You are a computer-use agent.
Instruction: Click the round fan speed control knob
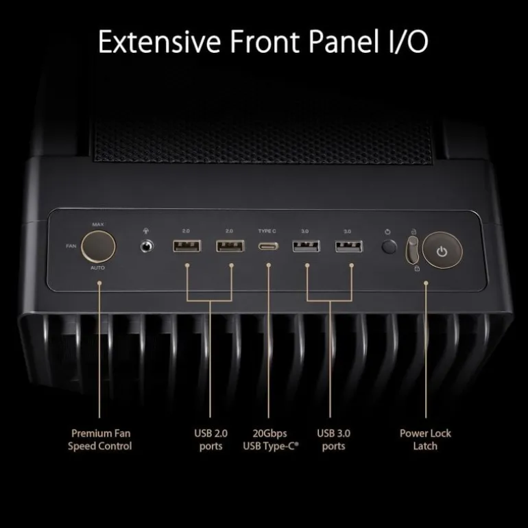pyautogui.click(x=98, y=246)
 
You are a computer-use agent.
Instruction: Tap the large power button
pyautogui.click(x=442, y=250)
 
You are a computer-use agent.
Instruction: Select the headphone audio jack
pyautogui.click(x=146, y=246)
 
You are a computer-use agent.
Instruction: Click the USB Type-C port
pyautogui.click(x=268, y=246)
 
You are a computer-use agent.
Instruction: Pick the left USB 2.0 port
pyautogui.click(x=187, y=246)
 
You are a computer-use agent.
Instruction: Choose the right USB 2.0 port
pyautogui.click(x=230, y=246)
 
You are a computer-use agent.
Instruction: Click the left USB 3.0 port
pyautogui.click(x=306, y=246)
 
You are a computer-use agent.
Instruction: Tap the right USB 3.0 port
pyautogui.click(x=349, y=246)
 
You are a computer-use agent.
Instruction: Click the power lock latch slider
pyautogui.click(x=412, y=250)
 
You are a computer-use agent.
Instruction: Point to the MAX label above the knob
pyautogui.click(x=98, y=224)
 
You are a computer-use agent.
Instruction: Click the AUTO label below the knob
pyautogui.click(x=97, y=267)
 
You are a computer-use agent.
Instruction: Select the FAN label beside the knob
pyautogui.click(x=71, y=246)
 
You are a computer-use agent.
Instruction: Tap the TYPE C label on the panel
pyautogui.click(x=267, y=231)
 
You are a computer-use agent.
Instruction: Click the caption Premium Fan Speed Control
pyautogui.click(x=100, y=440)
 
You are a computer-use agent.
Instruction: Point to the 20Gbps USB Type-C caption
pyautogui.click(x=271, y=440)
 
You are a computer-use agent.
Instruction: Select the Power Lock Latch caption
pyautogui.click(x=425, y=440)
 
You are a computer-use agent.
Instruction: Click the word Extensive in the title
pyautogui.click(x=159, y=41)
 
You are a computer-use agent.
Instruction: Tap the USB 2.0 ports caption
pyautogui.click(x=211, y=440)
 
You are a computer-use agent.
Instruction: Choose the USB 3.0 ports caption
pyautogui.click(x=333, y=440)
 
